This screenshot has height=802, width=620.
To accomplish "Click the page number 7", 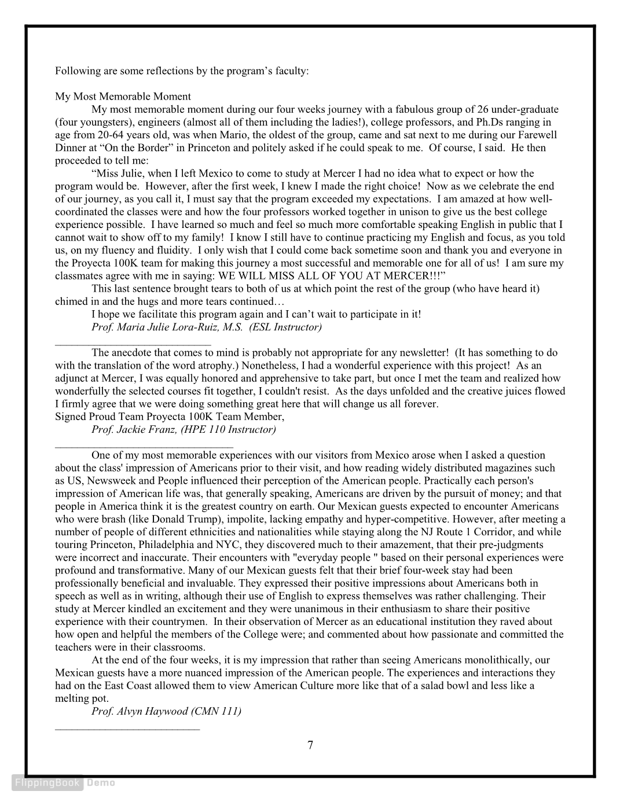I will click(x=310, y=745).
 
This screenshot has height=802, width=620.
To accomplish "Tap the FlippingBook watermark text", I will click(x=48, y=783).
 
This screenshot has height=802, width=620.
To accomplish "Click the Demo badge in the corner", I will click(x=101, y=783).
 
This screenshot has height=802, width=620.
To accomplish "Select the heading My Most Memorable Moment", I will click(x=123, y=96).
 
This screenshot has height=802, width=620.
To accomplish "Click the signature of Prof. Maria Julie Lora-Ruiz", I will click(x=207, y=327).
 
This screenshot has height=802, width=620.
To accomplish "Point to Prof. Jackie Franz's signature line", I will click(x=184, y=429).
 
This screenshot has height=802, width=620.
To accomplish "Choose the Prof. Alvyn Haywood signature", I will click(x=166, y=711).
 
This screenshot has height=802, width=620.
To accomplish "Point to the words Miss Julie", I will click(x=118, y=174).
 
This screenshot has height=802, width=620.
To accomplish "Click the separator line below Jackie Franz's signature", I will click(x=144, y=446).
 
